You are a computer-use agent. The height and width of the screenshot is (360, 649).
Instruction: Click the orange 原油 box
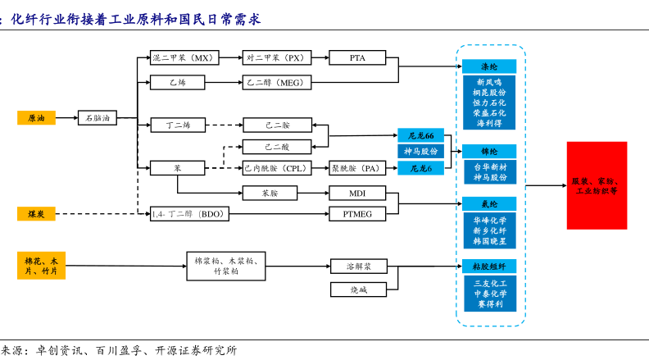[x=36, y=118]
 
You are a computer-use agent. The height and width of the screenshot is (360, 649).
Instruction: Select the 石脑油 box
[x=98, y=118]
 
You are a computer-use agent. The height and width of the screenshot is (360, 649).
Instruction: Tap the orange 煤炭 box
[x=36, y=214]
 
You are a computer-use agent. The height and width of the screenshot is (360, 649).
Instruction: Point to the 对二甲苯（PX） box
[x=277, y=57]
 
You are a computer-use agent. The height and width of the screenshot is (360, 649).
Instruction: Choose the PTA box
[x=357, y=57]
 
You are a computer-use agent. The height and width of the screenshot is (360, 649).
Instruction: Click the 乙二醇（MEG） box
[x=277, y=82]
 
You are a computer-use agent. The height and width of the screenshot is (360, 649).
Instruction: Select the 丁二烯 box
[x=178, y=125]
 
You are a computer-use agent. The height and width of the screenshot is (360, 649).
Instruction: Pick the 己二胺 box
[x=277, y=125]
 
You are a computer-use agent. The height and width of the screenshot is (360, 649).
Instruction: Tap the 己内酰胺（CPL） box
[x=277, y=168]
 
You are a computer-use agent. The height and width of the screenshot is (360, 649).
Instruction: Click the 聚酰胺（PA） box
[x=357, y=168]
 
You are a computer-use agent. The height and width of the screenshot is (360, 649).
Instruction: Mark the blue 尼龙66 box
[x=420, y=135]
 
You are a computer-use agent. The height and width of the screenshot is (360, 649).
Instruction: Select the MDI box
[x=357, y=194]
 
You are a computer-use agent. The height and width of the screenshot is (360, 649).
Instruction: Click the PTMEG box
[x=357, y=214]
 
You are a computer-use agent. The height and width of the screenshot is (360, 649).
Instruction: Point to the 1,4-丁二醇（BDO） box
[x=189, y=214]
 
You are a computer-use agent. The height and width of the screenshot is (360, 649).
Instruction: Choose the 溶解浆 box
[x=358, y=267]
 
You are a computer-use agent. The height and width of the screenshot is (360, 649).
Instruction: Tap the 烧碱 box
[x=358, y=289]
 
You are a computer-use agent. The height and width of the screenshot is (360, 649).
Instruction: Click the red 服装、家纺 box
[x=597, y=185]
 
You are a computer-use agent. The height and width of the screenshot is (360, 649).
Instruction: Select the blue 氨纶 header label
[x=489, y=203]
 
